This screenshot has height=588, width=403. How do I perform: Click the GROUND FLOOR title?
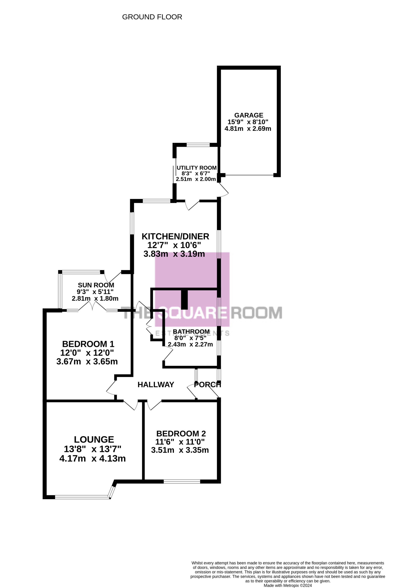(152, 17)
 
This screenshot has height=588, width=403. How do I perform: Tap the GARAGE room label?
(249, 115)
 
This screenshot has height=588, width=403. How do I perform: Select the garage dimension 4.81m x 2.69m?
(248, 129)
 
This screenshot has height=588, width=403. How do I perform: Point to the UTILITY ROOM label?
(197, 168)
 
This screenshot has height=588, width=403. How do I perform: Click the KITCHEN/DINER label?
(175, 236)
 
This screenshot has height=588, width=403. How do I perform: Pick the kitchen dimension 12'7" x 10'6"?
(174, 245)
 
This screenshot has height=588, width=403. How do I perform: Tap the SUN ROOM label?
(96, 285)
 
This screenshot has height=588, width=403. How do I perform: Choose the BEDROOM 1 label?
(88, 344)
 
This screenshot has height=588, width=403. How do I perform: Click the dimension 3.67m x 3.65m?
(87, 361)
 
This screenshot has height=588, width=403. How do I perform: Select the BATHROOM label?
(191, 332)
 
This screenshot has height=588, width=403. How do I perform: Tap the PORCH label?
(207, 385)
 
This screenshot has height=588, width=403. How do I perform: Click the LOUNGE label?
(94, 439)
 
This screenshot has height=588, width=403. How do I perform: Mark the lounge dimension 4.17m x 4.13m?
(92, 458)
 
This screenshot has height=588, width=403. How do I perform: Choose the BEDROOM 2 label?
(181, 433)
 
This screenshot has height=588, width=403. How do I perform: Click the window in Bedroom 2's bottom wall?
(182, 481)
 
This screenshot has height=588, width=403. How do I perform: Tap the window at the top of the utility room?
(198, 145)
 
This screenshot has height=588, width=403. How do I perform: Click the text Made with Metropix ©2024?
(288, 585)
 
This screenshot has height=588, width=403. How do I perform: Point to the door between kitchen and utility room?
(192, 205)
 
